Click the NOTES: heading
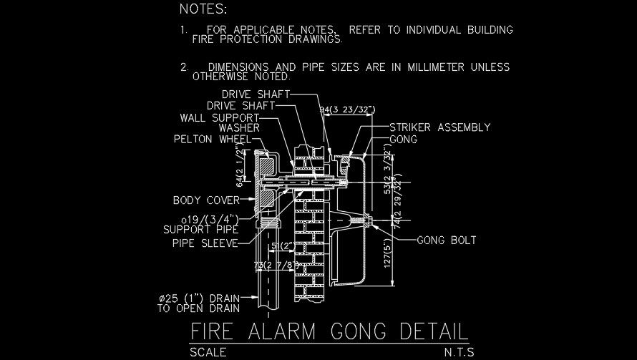(x=203, y=9)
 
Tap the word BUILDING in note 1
(x=487, y=30)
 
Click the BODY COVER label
(x=206, y=200)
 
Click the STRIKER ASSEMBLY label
(x=440, y=127)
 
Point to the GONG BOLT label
(x=447, y=240)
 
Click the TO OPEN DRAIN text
(x=198, y=309)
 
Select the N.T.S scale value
(x=458, y=352)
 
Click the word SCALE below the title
(x=208, y=352)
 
